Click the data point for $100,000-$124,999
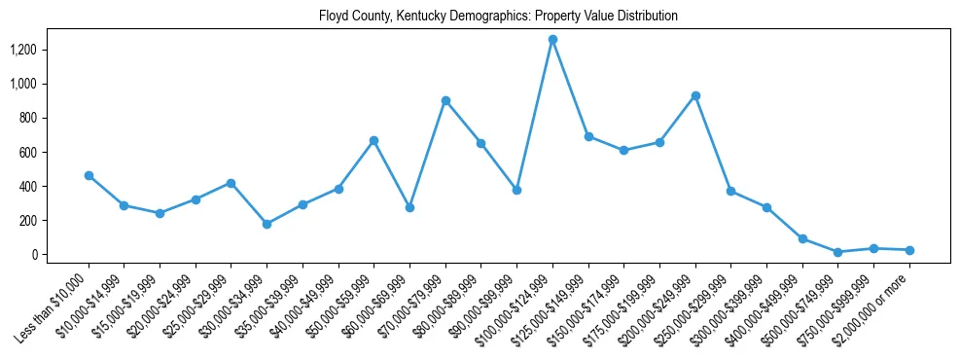552,39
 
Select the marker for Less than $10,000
89,175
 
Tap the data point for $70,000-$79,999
445,100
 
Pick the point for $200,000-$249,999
695,95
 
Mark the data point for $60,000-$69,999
409,207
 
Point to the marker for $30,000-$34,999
267,224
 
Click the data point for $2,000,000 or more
909,250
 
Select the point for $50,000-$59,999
373,140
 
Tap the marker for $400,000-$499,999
802,238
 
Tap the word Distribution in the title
645,17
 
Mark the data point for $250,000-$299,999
730,191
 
